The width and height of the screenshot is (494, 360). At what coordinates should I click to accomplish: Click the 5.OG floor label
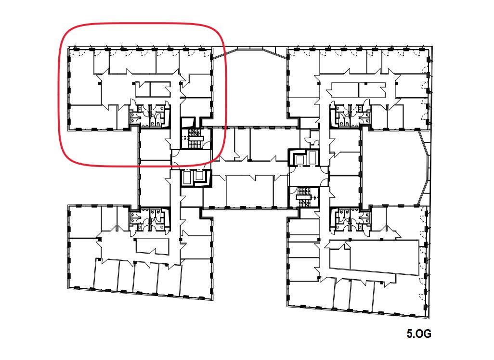(419, 334)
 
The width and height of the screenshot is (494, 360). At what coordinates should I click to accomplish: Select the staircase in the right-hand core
(304, 197)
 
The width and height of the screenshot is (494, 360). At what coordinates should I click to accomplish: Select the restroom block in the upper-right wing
(350, 114)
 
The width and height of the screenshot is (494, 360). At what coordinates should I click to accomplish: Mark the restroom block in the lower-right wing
(350, 220)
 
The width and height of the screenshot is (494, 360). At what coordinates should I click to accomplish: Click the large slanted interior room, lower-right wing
(384, 257)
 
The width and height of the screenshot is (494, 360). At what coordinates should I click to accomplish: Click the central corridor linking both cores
(250, 168)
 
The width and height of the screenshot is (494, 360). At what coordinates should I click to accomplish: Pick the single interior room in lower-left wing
(152, 245)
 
